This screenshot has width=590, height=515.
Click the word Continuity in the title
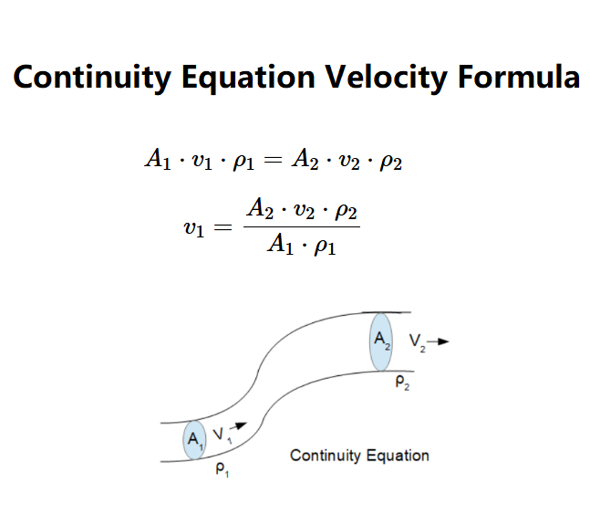pyautogui.click(x=92, y=78)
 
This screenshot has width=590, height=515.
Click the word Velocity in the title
pyautogui.click(x=387, y=78)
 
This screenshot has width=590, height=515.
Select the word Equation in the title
pyautogui.click(x=248, y=78)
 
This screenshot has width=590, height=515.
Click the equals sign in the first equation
pyautogui.click(x=273, y=160)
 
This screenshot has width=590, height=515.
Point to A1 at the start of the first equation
pyautogui.click(x=158, y=159)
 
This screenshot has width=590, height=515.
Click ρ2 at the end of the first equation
pyautogui.click(x=391, y=163)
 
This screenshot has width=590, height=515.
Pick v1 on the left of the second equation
pyautogui.click(x=194, y=228)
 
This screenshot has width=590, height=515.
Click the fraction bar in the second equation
pyautogui.click(x=302, y=226)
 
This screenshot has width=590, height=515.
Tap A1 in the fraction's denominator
pyautogui.click(x=280, y=244)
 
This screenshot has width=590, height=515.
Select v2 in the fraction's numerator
pyautogui.click(x=304, y=211)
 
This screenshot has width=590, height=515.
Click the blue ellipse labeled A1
pyautogui.click(x=194, y=440)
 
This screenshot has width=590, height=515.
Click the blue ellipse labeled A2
pyautogui.click(x=381, y=342)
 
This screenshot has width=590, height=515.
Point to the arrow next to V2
pyautogui.click(x=438, y=342)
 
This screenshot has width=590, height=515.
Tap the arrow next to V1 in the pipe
pyautogui.click(x=238, y=426)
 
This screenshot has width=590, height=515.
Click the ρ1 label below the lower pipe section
pyautogui.click(x=223, y=469)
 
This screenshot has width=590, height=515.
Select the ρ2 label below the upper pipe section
pyautogui.click(x=403, y=383)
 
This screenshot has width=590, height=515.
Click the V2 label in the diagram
pyautogui.click(x=418, y=342)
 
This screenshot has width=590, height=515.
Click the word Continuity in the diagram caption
pyautogui.click(x=326, y=456)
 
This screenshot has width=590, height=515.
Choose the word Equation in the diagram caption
pyautogui.click(x=398, y=456)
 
